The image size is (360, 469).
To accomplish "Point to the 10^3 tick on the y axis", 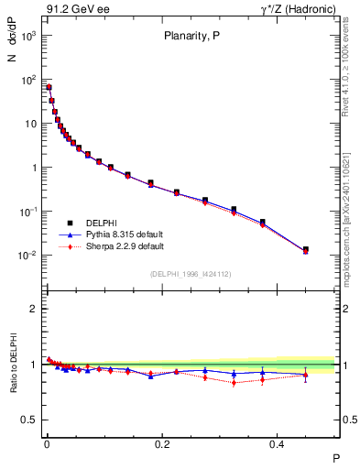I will click(x=28, y=36).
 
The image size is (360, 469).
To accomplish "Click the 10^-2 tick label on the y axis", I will click(x=28, y=256).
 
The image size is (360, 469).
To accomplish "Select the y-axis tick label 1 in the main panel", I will click(x=35, y=168).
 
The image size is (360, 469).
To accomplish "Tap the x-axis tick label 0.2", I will click(x=162, y=443).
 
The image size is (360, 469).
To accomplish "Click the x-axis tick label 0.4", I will click(x=278, y=443).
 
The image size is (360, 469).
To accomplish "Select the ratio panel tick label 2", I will click(x=34, y=309).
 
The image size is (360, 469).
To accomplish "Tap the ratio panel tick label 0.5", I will click(x=30, y=420).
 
